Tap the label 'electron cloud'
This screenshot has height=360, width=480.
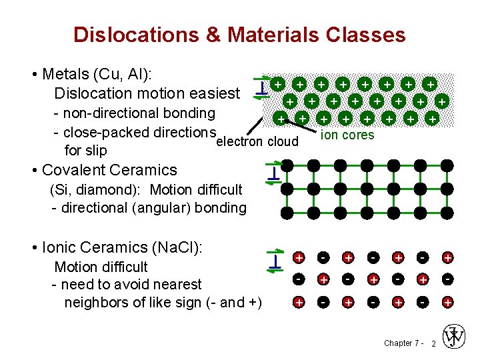click(257, 141)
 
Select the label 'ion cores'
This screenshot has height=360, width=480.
click(347, 135)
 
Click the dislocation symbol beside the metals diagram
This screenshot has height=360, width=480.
click(263, 87)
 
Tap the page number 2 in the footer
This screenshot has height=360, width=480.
click(433, 343)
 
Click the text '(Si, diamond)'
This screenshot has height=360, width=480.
click(91, 190)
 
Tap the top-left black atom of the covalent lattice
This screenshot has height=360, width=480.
click(287, 165)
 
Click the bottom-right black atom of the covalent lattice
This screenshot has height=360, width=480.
click(448, 213)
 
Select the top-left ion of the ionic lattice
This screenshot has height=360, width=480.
click(300, 257)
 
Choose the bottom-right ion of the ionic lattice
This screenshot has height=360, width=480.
click(448, 302)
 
